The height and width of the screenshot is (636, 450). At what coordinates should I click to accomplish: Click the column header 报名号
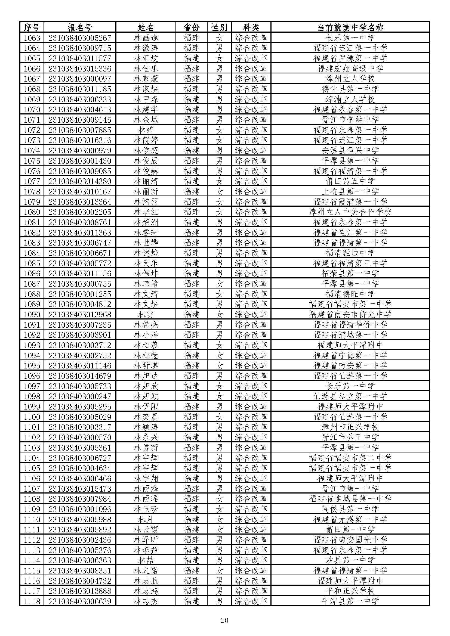point(80,27)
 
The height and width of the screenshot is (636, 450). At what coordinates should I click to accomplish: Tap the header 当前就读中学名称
point(350,27)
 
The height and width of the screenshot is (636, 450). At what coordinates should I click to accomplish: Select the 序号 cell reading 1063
point(32,38)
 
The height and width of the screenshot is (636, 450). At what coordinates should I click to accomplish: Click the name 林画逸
point(146,38)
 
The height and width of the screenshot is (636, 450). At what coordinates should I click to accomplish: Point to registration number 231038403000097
point(80,79)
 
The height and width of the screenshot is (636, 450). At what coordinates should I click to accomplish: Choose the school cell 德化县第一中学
point(350,89)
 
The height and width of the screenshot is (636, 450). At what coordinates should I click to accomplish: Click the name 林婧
point(146,130)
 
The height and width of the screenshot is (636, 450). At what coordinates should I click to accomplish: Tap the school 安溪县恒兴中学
point(350,150)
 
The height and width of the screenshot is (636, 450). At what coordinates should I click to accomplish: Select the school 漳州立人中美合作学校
point(350,212)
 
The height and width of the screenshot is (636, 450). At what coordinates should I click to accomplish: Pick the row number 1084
point(32,253)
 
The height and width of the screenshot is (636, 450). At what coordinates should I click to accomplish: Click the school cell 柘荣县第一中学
point(350,273)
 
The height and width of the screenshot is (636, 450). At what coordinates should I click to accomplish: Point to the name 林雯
point(146,314)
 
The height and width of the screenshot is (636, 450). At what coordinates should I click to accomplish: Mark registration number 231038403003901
point(80,335)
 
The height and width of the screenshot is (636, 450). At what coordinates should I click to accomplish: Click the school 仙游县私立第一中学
point(350,396)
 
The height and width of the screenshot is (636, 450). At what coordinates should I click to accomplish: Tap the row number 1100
point(32,417)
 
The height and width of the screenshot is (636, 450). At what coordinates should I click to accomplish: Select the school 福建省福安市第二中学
point(350,458)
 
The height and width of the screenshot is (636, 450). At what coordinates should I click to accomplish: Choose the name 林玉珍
point(146,509)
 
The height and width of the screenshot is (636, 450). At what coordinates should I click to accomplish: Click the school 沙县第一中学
point(350,560)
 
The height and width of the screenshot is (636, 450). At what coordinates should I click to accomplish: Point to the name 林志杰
point(146,601)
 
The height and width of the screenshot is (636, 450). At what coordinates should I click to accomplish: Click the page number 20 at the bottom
point(224,620)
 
